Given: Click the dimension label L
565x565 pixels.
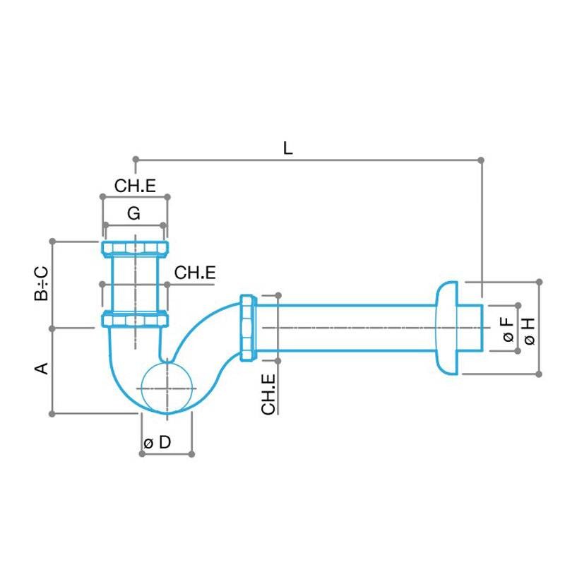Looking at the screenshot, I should click(x=287, y=148).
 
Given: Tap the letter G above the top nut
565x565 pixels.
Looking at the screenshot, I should click(x=133, y=212).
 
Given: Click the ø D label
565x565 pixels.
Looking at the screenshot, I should click(x=157, y=443).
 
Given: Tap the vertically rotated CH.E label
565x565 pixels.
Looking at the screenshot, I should click(x=268, y=395).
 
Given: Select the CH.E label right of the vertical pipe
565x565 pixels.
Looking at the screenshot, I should click(x=195, y=273).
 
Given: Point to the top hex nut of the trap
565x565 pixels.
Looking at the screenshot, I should click(x=135, y=249).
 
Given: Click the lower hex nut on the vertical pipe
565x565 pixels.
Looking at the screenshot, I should click(x=135, y=319).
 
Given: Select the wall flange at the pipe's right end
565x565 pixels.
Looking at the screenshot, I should click(x=446, y=328).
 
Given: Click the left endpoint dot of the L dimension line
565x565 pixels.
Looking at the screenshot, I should click(x=135, y=159).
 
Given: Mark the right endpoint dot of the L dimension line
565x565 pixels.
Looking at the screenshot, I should click(x=482, y=160).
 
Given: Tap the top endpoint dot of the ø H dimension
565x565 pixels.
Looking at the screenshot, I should click(x=540, y=282).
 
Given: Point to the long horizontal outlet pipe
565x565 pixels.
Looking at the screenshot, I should click(x=346, y=328).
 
